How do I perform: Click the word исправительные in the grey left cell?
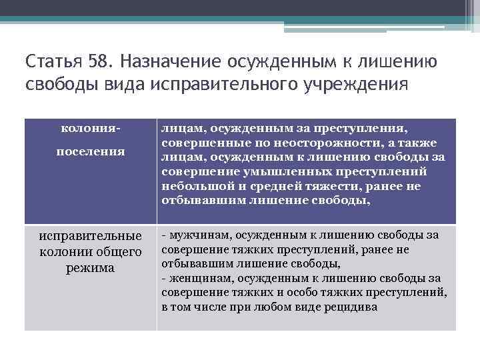click(90, 236)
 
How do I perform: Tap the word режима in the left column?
click(90, 268)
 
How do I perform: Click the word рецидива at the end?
click(353, 307)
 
